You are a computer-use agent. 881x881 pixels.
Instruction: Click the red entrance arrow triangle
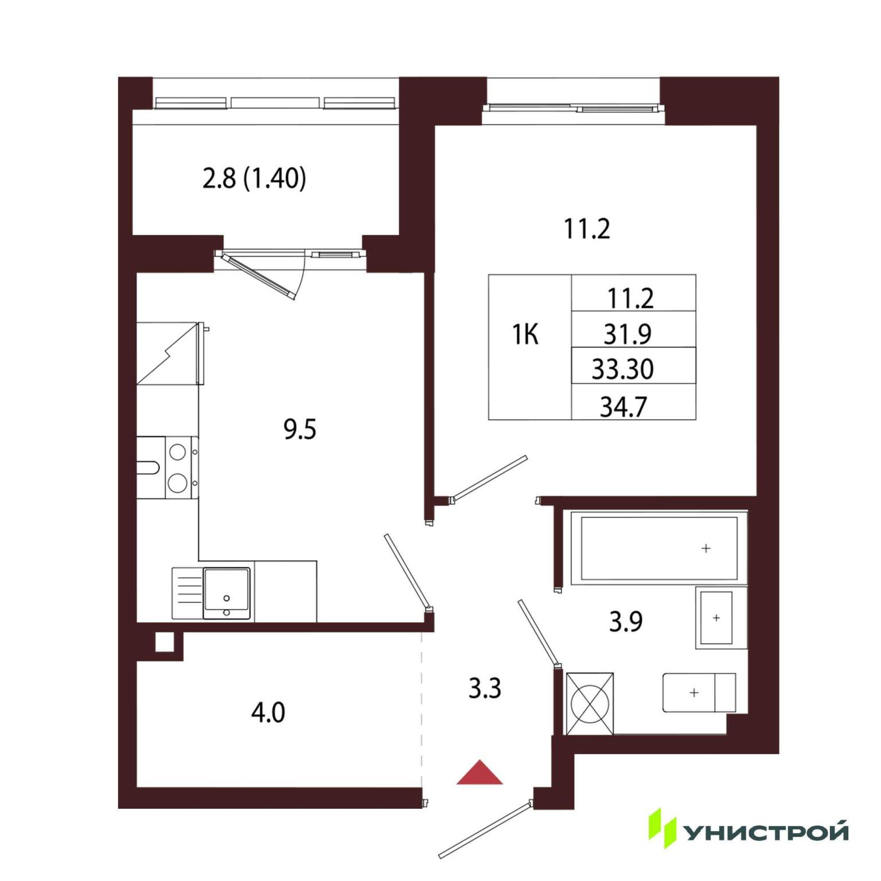pyautogui.click(x=480, y=774)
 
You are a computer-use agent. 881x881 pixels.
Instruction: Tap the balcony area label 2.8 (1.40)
pyautogui.click(x=254, y=178)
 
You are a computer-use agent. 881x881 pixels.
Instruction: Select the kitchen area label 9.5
pyautogui.click(x=300, y=429)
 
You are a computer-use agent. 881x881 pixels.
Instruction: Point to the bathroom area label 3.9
pyautogui.click(x=626, y=621)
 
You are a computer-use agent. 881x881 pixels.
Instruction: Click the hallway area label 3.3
pyautogui.click(x=485, y=688)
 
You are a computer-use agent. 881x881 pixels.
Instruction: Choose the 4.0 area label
pyautogui.click(x=268, y=713)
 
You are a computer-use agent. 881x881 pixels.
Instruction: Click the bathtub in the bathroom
pyautogui.click(x=659, y=548)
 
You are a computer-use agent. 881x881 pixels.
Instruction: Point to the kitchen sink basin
pyautogui.click(x=227, y=594)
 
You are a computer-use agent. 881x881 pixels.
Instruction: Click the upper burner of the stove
pyautogui.click(x=178, y=451)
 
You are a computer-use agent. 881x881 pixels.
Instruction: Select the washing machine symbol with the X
pyautogui.click(x=589, y=704)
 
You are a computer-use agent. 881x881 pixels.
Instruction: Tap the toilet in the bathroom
pyautogui.click(x=699, y=692)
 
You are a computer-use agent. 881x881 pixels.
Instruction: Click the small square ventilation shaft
pyautogui.click(x=164, y=642)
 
